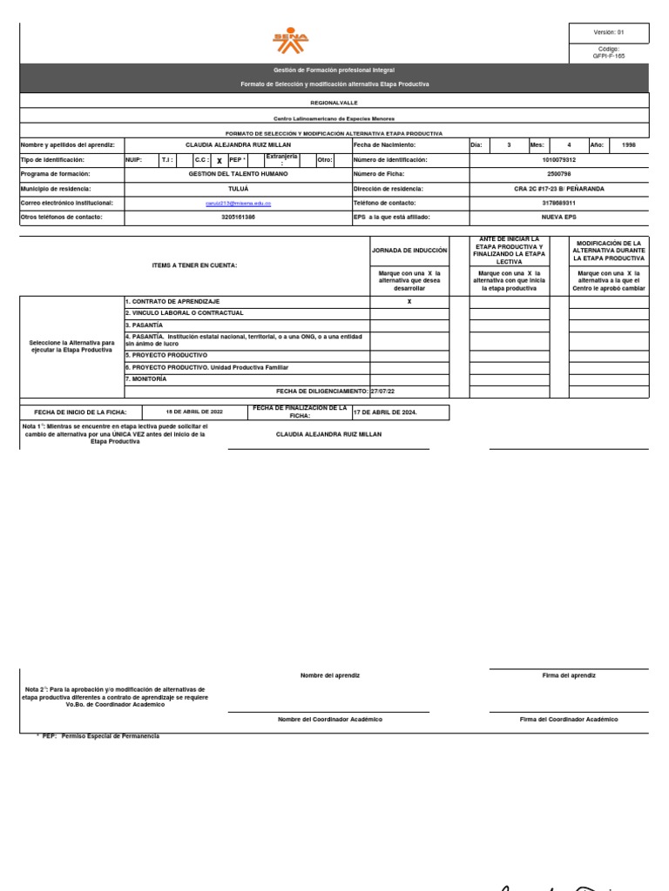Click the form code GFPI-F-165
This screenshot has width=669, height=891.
point(609,56)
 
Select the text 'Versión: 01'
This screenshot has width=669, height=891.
point(609,32)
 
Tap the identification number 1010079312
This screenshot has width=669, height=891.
point(558,160)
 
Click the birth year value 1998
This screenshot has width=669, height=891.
point(629,145)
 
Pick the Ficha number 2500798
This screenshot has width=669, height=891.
point(558,174)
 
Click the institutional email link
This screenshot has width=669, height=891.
point(238,203)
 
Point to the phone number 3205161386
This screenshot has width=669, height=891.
point(238,217)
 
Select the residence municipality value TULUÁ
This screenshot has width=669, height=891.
point(238,188)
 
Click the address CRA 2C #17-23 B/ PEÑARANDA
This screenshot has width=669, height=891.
point(558,188)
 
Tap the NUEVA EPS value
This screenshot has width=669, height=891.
point(558,217)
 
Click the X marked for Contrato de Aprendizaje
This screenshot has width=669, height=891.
point(409,301)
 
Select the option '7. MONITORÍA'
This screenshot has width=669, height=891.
point(148,379)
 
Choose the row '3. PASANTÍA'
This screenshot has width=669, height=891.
point(145,325)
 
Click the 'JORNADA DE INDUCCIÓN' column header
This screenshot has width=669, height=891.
point(409,251)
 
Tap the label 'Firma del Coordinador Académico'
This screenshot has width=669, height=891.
point(569,720)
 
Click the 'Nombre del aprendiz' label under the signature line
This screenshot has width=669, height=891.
point(329,675)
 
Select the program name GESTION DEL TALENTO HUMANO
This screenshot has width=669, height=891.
point(238,174)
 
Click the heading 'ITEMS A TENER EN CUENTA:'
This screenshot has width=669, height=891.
point(194,265)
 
